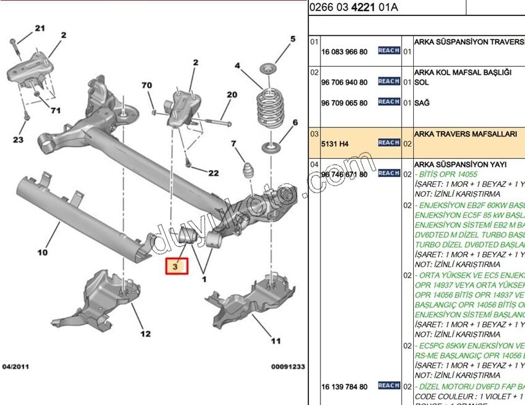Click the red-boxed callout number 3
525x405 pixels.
(175, 266)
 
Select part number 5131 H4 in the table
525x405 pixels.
(335, 143)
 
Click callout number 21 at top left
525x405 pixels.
(40, 28)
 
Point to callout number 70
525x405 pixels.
(146, 85)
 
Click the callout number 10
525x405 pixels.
(42, 252)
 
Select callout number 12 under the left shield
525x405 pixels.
(145, 334)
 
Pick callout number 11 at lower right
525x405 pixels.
(275, 340)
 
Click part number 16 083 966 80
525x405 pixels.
(344, 52)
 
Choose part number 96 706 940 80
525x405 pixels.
(344, 82)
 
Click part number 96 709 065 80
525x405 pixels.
(344, 103)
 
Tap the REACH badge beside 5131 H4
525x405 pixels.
(388, 143)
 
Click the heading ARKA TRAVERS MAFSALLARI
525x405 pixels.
(465, 134)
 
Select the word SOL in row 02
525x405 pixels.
(421, 82)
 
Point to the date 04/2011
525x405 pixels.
(16, 367)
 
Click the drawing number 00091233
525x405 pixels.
(287, 367)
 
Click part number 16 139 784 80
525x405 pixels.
(344, 386)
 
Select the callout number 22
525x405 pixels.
(212, 173)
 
